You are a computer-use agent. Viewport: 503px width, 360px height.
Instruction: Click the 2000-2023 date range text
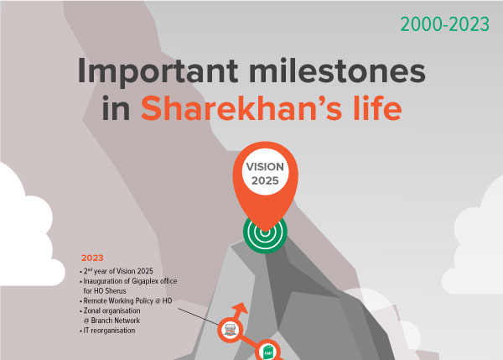click(x=444, y=24)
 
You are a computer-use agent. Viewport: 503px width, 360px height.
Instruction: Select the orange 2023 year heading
click(x=93, y=258)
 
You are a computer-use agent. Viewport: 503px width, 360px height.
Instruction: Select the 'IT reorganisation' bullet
click(x=112, y=330)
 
